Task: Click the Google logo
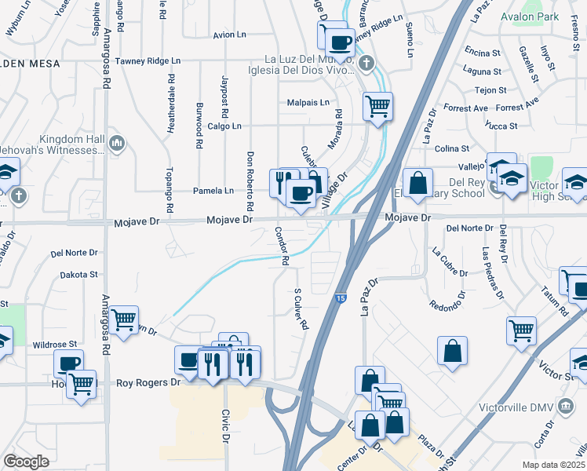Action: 26,461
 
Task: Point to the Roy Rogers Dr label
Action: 148,383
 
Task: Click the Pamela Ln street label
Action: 213,191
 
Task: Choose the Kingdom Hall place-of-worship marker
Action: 117,143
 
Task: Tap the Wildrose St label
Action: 55,344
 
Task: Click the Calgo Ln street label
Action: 224,126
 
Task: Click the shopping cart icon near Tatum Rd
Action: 521,330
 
